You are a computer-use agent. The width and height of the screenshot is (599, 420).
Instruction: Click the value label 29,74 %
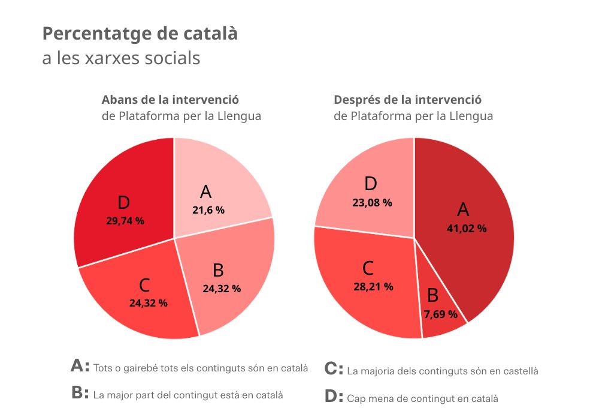click(125, 221)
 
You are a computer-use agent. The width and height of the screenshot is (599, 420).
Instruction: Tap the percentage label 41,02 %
click(467, 229)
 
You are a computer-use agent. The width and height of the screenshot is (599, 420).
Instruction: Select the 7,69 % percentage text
click(440, 314)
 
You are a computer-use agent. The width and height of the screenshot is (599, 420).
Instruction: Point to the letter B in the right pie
click(432, 295)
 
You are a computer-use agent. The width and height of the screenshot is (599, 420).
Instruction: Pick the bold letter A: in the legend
click(80, 367)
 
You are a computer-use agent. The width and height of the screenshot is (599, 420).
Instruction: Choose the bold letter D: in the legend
click(334, 397)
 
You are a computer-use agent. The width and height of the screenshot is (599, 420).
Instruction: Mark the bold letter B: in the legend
click(80, 394)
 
